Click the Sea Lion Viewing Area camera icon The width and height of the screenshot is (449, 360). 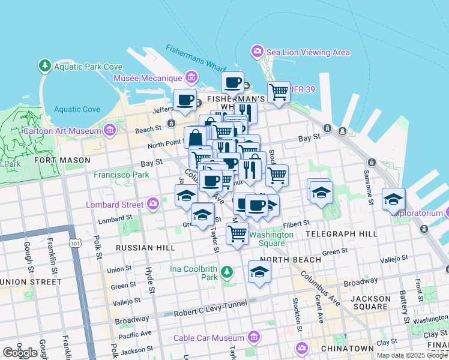[258, 52]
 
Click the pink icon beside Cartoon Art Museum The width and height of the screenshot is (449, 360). [109, 130]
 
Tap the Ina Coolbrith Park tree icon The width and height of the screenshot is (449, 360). [226, 273]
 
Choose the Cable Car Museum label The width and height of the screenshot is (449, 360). [208, 338]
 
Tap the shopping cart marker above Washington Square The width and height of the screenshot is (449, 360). [238, 233]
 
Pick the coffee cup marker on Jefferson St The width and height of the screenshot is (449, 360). [185, 100]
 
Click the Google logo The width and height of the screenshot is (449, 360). [20, 353]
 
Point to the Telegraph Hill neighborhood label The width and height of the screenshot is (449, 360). [341, 233]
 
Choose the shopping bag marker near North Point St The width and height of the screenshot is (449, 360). [196, 139]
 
